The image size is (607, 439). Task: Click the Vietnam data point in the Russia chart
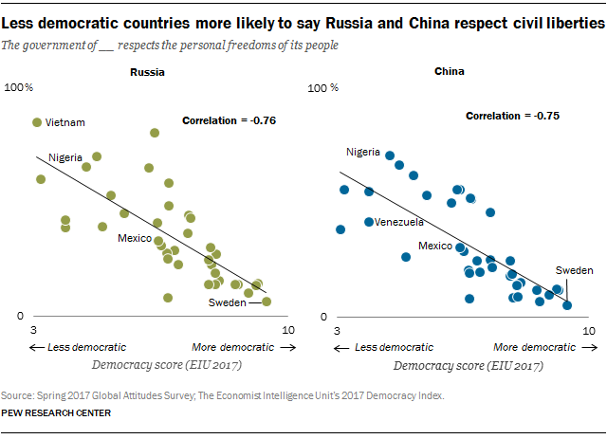tap(37, 122)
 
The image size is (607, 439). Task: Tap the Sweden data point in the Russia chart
tap(267, 302)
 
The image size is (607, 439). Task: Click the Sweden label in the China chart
tap(573, 270)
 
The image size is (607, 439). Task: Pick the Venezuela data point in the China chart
tap(369, 222)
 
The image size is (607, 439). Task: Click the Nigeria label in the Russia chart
tap(65, 156)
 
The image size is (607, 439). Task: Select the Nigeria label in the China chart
tap(363, 152)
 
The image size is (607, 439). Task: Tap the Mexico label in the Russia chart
tap(135, 238)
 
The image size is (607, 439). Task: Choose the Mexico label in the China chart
tap(435, 246)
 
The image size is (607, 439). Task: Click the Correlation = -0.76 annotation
tap(228, 120)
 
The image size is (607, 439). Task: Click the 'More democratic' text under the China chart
tap(534, 347)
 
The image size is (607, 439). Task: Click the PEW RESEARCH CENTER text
tap(57, 413)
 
